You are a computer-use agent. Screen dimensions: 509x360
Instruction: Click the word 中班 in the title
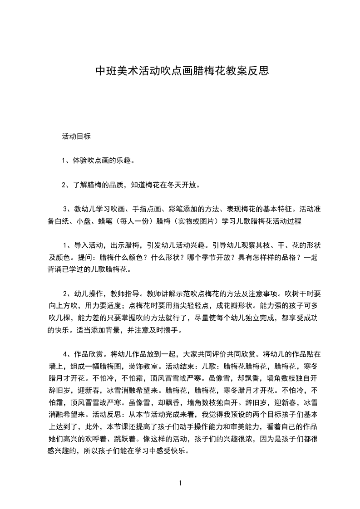(104, 71)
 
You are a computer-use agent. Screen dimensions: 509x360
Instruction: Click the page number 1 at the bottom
(180, 483)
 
